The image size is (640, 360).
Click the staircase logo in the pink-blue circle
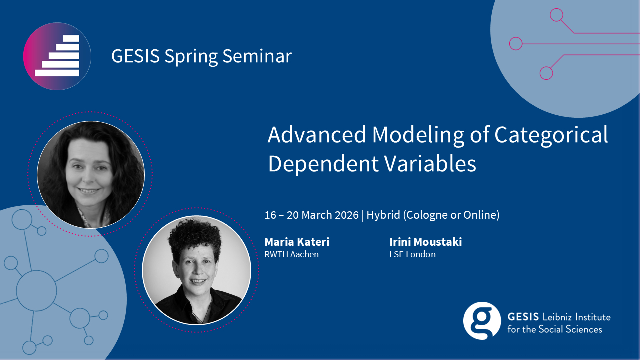click(57, 56)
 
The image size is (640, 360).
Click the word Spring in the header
click(191, 56)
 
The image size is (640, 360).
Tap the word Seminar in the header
click(257, 56)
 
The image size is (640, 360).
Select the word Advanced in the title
click(317, 135)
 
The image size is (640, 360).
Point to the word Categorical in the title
click(551, 135)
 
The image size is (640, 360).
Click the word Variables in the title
click(430, 164)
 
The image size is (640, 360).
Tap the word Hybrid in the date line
click(383, 215)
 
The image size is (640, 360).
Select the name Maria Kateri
click(297, 242)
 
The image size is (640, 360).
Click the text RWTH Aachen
click(291, 254)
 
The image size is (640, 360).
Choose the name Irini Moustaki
click(425, 242)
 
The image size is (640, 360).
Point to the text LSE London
click(412, 254)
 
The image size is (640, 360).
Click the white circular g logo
click(482, 321)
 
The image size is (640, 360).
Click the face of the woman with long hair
click(88, 171)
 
